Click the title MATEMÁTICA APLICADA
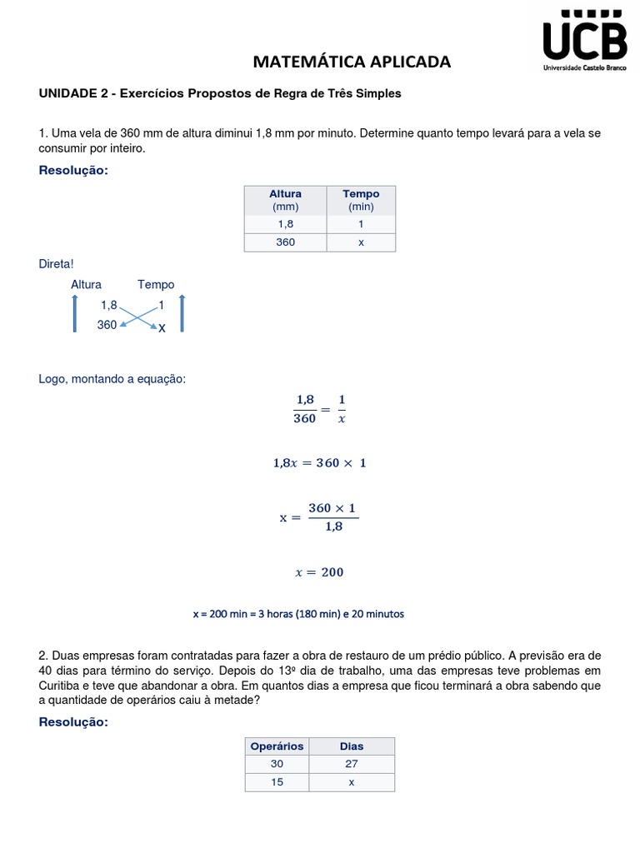(351, 62)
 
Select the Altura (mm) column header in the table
(285, 200)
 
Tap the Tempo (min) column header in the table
(361, 200)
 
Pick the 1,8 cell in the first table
(285, 224)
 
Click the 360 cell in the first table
(285, 242)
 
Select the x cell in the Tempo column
(361, 242)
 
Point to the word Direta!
(57, 264)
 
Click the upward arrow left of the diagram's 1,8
(74, 314)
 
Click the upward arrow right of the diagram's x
(182, 314)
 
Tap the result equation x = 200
(319, 572)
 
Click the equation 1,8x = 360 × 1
(319, 463)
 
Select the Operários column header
(277, 746)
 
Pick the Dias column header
(352, 746)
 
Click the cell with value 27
(352, 764)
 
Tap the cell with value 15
(277, 782)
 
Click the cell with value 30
(277, 764)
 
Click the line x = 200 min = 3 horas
(298, 614)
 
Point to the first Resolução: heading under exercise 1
(73, 171)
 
